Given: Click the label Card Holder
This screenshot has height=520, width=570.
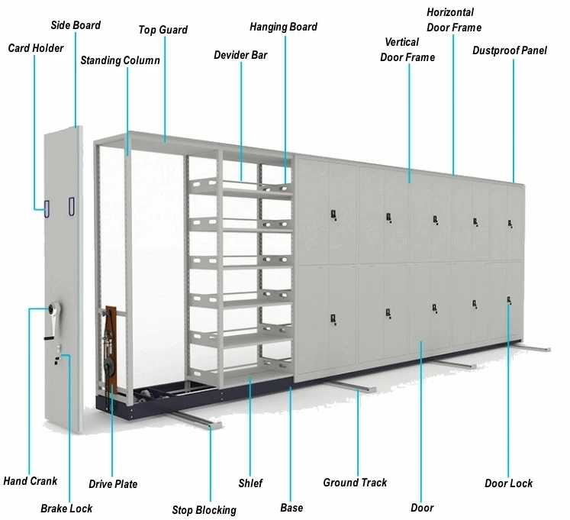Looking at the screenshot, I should point(35,48).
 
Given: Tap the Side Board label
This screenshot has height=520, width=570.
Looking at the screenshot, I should point(76,25).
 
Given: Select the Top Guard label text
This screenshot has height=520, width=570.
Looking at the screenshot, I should point(163,30).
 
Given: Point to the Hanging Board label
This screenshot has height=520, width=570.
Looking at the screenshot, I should point(283,27).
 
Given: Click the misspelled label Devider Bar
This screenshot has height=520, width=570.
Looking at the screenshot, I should point(240,55).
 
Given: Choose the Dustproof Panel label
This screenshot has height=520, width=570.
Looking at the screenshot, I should point(510,51).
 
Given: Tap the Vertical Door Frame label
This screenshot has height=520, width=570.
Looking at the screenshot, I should point(407,50).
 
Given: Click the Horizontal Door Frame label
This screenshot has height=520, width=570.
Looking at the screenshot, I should point(454,20).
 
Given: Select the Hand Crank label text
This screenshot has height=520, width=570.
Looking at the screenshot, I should point(31,481).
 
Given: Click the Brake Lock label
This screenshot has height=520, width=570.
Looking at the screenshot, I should point(66,508).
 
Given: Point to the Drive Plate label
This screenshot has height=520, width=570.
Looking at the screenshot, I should point(113,484).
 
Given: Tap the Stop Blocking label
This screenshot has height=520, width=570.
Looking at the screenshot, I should point(204,509).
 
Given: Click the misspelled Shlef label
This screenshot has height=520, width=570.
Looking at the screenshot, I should point(250,483).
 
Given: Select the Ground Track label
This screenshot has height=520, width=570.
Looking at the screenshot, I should point(355,483).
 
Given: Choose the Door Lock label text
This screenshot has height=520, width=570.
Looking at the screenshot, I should point(509,483).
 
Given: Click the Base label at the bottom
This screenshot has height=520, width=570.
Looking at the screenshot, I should point(291,507).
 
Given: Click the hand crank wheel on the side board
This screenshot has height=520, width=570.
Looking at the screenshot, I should point(53,308).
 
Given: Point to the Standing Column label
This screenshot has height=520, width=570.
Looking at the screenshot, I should point(120,60).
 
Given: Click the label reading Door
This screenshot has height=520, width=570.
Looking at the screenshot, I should point(422,507).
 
